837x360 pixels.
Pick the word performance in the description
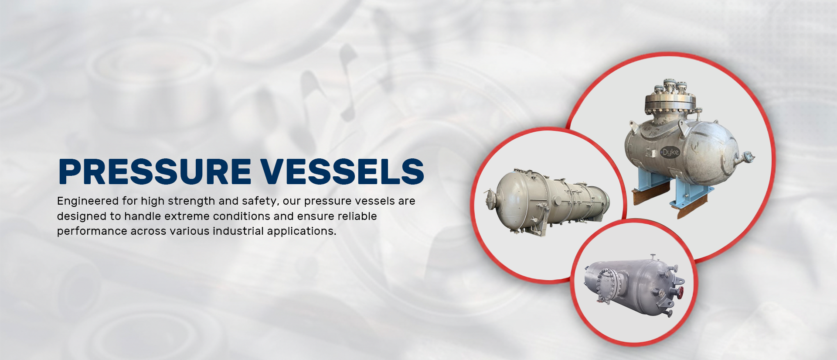pos(92,231)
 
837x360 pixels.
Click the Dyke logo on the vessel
pos(670,152)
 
